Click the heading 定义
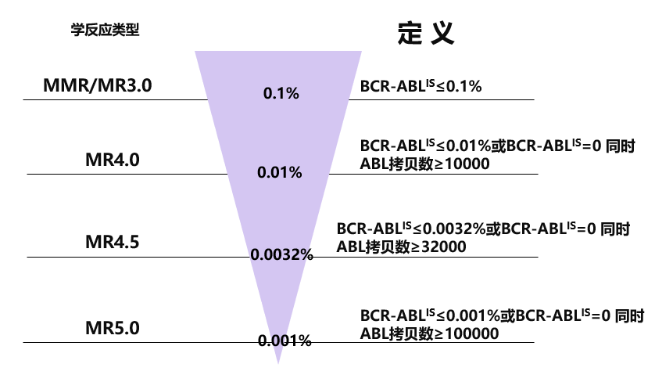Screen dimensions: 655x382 click(x=426, y=33)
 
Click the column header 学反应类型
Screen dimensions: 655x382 click(x=105, y=30)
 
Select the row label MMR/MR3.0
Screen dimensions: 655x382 click(x=98, y=85)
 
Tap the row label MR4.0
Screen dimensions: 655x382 click(x=113, y=160)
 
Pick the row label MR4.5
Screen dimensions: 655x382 click(x=113, y=242)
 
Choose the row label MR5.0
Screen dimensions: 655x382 click(x=113, y=328)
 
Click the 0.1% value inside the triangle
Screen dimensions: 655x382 click(x=281, y=93)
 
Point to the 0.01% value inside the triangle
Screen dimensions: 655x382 click(x=280, y=172)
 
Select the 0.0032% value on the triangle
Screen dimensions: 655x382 click(x=282, y=254)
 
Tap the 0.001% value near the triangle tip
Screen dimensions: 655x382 click(x=285, y=341)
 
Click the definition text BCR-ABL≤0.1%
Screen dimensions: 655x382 click(x=421, y=86)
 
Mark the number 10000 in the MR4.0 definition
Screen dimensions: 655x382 click(x=467, y=164)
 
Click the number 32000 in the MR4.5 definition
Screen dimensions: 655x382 click(x=444, y=247)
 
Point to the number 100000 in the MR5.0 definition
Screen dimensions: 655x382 click(x=471, y=333)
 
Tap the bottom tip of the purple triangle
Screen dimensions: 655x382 click(x=278, y=364)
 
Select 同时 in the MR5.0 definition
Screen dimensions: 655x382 click(x=629, y=316)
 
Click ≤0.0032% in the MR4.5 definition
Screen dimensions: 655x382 click(x=449, y=229)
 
